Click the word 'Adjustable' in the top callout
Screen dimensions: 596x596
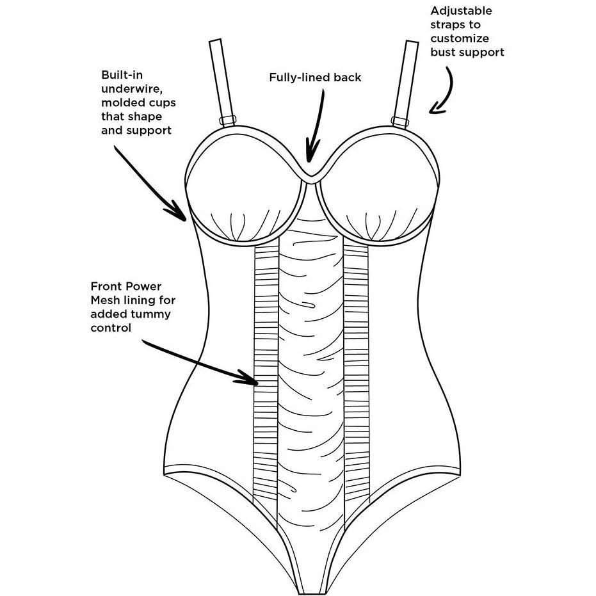click(x=461, y=11)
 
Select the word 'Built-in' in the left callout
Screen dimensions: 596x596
click(x=122, y=76)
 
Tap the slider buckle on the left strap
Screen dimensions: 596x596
click(x=228, y=120)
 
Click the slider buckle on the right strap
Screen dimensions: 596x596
click(x=401, y=120)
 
